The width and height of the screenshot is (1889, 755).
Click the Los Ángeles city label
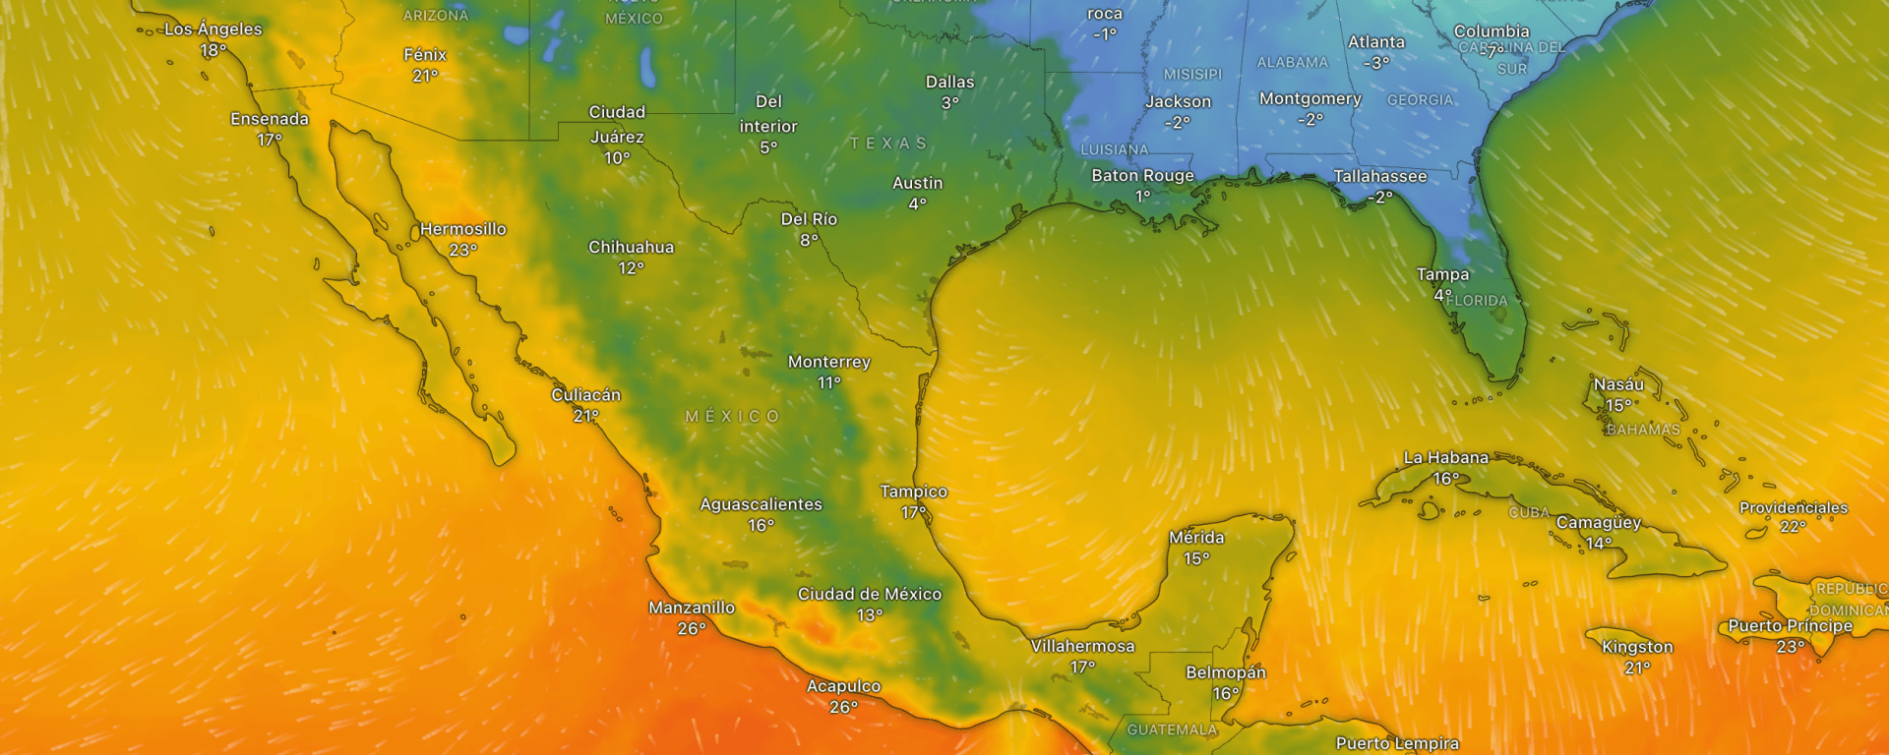(213, 29)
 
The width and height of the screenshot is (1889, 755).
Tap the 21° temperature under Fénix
(425, 76)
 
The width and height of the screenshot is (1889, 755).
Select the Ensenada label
(270, 119)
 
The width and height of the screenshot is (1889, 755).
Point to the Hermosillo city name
(462, 229)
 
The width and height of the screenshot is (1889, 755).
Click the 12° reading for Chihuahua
(631, 268)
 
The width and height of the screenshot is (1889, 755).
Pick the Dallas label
(949, 82)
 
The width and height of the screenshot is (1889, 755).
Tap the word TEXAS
(888, 144)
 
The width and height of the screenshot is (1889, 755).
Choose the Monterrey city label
(828, 362)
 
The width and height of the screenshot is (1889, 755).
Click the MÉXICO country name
(732, 417)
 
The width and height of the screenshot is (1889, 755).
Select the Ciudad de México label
(869, 594)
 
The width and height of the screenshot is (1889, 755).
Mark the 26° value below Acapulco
(843, 708)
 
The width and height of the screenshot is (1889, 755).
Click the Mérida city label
(1196, 538)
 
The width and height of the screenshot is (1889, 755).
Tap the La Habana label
(1445, 457)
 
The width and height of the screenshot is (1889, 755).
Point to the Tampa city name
(1442, 274)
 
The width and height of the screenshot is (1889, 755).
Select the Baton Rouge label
(1142, 176)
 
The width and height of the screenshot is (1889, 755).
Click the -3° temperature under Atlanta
(1375, 63)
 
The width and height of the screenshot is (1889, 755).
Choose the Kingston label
(1637, 647)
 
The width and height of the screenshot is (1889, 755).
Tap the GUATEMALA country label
(1172, 729)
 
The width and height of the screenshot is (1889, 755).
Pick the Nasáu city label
(1618, 384)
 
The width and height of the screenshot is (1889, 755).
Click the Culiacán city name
(585, 395)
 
